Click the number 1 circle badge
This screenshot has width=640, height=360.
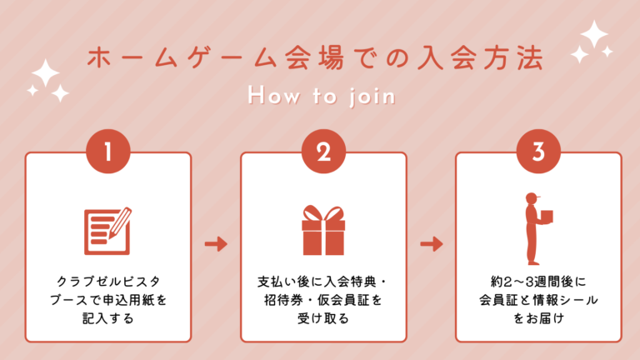[x=107, y=153]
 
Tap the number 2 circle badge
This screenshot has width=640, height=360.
[x=323, y=153]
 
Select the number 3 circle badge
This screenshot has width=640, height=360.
[x=538, y=153]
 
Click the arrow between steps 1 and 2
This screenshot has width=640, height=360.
[x=216, y=244]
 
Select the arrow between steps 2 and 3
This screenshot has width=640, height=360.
[x=431, y=244]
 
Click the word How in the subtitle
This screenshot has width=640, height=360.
[x=268, y=97]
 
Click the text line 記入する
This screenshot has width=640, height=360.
[x=108, y=317]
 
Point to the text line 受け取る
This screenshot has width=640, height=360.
[x=323, y=317]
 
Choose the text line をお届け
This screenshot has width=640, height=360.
[x=538, y=317]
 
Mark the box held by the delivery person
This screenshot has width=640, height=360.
[x=547, y=216]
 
